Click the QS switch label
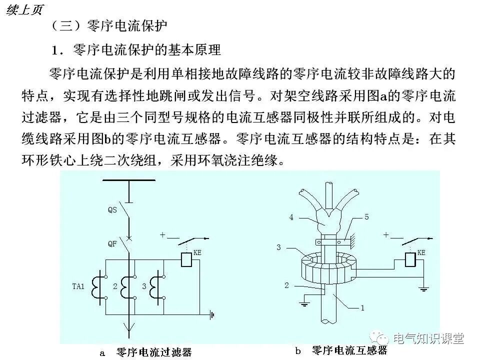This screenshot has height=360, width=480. click(x=112, y=210)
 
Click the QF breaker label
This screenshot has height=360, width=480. click(x=112, y=244)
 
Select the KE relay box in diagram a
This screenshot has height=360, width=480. click(x=185, y=260)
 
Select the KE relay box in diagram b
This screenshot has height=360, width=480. click(x=410, y=260)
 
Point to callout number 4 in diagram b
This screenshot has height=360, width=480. click(x=290, y=217)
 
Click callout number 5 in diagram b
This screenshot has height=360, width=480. click(x=366, y=217)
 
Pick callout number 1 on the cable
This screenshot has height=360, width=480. click(x=362, y=308)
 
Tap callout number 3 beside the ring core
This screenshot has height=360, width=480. click(x=279, y=247)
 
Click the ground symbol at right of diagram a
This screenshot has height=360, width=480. click(x=212, y=315)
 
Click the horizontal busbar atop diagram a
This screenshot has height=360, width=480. click(x=129, y=179)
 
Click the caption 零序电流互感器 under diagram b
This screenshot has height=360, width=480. click(x=349, y=350)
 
